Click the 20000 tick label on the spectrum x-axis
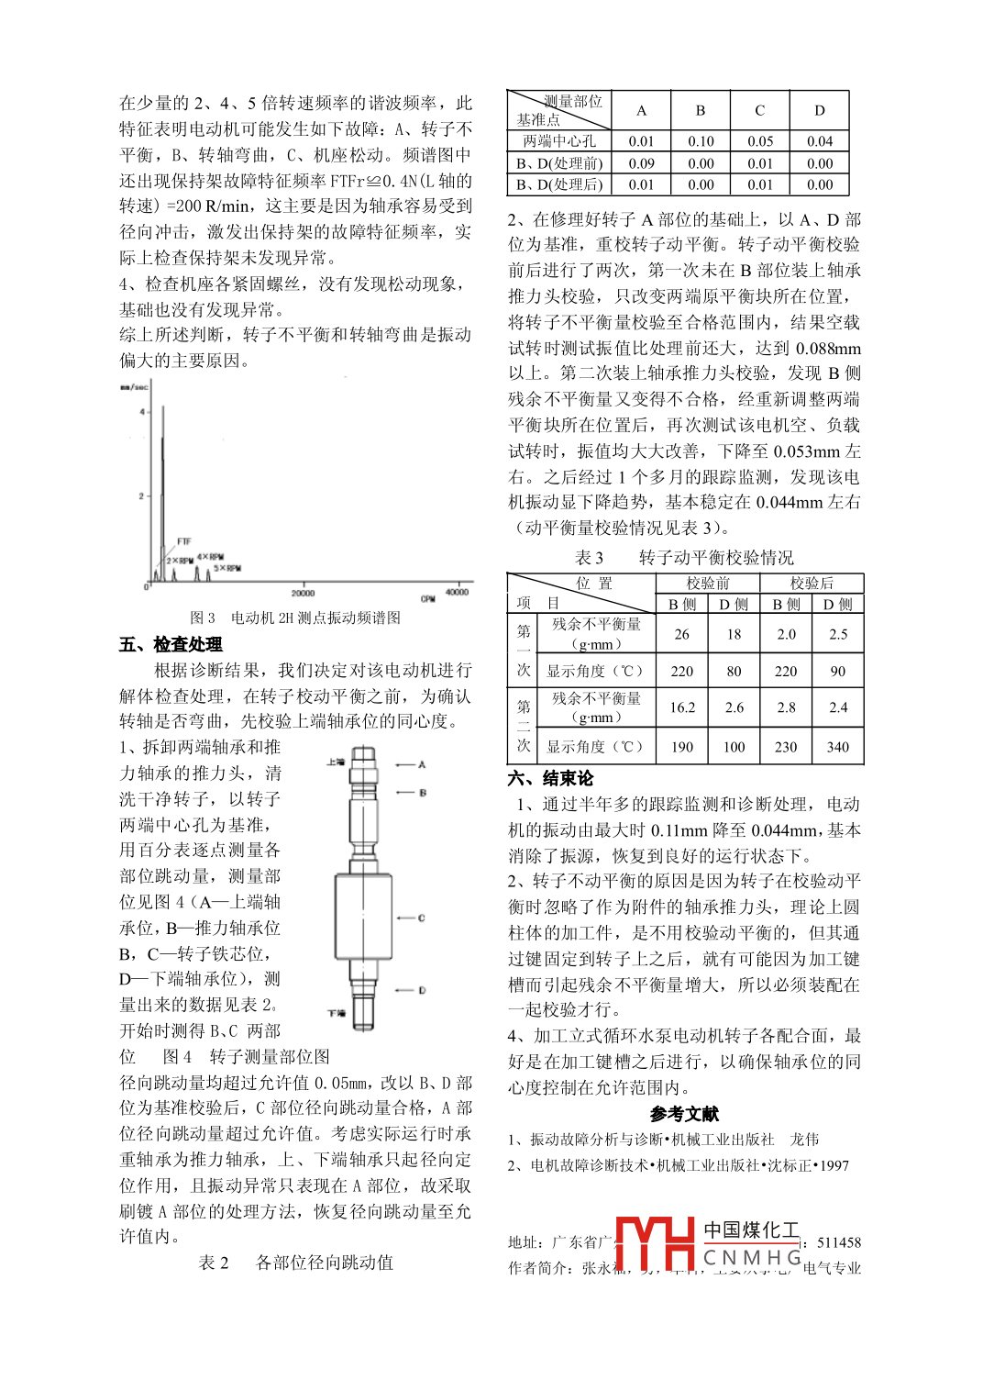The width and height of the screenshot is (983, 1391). tap(303, 593)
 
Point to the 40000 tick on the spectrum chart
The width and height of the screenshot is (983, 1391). tap(457, 592)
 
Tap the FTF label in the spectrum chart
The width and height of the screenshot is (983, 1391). tap(183, 541)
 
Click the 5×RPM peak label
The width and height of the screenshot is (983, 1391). tap(227, 568)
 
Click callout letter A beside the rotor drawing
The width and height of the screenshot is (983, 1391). tap(422, 764)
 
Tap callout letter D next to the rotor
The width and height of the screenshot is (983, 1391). tap(422, 990)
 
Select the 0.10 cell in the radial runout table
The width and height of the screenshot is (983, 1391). tap(701, 141)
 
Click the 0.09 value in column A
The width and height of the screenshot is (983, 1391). tap(641, 163)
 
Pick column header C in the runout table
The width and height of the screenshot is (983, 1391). tap(759, 111)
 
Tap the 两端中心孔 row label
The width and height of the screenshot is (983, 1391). tap(558, 141)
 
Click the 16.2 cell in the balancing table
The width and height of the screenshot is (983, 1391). tap(681, 707)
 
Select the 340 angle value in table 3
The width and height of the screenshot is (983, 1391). tap(837, 747)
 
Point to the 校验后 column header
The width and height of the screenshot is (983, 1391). tap(811, 583)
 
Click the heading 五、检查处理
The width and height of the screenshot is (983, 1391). tap(171, 644)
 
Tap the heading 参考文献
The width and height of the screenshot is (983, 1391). tap(684, 1114)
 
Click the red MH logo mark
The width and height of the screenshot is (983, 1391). tap(655, 1242)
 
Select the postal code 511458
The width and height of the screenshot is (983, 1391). tap(838, 1242)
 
